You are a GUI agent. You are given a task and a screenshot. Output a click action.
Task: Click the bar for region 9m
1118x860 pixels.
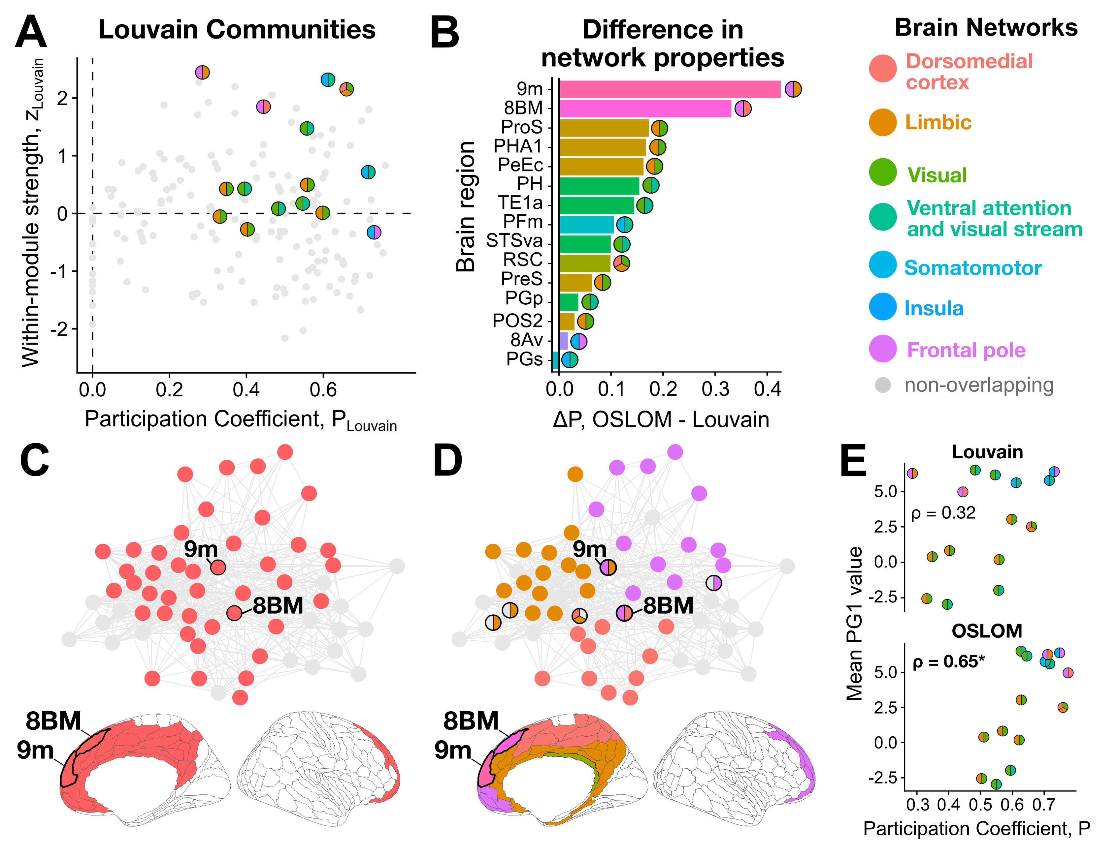pos(670,89)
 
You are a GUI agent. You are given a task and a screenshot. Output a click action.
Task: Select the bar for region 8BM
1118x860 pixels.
pos(645,108)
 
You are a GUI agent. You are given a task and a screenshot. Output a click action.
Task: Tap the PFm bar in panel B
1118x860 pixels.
pos(586,224)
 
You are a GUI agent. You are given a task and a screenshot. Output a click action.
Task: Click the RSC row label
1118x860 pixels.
pos(522,260)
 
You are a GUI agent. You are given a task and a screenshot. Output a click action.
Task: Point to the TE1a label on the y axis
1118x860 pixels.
pos(520,203)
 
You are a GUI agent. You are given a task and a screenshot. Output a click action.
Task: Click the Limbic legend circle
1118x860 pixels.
pos(882,122)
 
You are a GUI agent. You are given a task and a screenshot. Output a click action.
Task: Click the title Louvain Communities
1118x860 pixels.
pos(237,30)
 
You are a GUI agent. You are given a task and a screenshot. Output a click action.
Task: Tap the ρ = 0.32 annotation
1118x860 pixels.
pos(943,513)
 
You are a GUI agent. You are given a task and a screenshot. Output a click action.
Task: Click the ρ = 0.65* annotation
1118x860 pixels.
pos(948,662)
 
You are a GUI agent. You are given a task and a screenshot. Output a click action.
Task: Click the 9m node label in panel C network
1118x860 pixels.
pos(201,549)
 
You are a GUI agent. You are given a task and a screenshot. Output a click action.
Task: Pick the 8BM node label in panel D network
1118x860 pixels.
pos(668,606)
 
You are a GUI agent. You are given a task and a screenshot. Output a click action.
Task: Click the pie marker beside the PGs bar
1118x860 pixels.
pos(569,360)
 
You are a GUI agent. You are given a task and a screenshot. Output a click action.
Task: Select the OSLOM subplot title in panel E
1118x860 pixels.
pos(986,631)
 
